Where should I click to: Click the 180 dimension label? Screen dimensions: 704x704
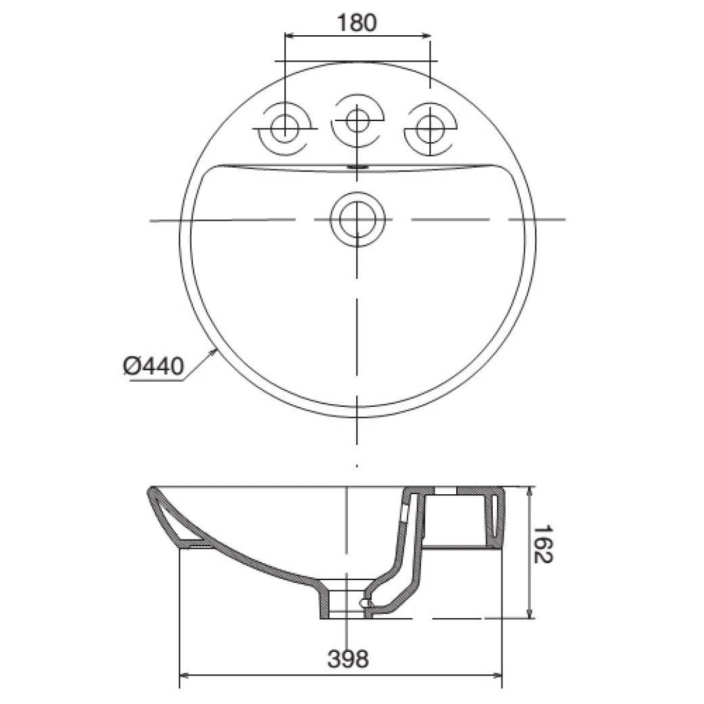pyautogui.click(x=356, y=22)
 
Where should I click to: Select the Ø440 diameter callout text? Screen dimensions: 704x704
pyautogui.click(x=154, y=366)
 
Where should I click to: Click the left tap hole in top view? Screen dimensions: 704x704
pyautogui.click(x=284, y=127)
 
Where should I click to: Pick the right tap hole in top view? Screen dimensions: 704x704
pyautogui.click(x=429, y=127)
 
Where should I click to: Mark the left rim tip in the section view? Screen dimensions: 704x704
pyautogui.click(x=151, y=489)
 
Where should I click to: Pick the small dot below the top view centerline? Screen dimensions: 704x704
pyautogui.click(x=357, y=466)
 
